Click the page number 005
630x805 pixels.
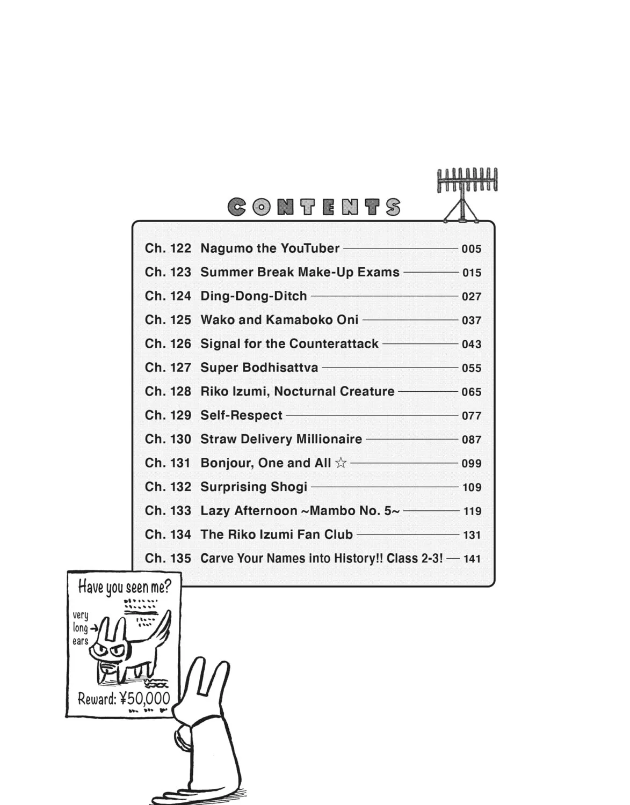[x=472, y=248]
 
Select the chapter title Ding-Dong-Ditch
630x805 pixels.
[x=254, y=296]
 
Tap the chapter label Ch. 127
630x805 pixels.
[x=168, y=368]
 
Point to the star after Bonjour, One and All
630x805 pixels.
[x=341, y=463]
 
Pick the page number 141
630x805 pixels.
[x=472, y=559]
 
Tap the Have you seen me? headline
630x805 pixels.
[x=125, y=587]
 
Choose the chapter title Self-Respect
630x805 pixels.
[x=241, y=415]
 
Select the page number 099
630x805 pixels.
[x=472, y=464]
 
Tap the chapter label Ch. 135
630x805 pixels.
[x=168, y=558]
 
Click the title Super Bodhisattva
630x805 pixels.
[x=259, y=368]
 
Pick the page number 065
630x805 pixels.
[x=472, y=392]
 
